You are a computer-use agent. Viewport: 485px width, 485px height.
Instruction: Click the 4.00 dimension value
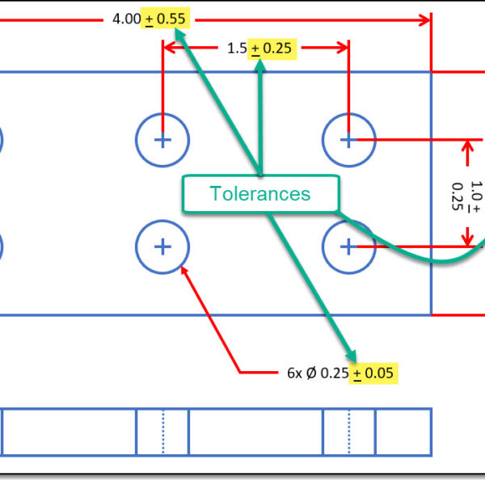(128, 19)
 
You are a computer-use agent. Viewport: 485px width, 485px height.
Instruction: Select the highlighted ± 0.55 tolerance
(166, 19)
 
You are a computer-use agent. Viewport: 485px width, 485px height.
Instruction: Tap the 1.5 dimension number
(237, 48)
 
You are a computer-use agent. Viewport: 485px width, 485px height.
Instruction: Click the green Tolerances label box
(259, 194)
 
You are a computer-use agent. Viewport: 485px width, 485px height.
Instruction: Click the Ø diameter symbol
(312, 373)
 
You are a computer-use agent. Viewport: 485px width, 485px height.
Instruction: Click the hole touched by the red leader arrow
(162, 246)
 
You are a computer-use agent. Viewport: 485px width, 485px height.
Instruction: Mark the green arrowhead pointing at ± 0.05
(352, 356)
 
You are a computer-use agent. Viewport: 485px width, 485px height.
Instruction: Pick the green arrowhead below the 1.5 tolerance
(260, 66)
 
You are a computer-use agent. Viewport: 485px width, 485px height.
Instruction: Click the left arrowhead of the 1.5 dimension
(169, 49)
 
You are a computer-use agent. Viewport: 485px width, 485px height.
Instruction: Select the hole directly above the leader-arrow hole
(162, 140)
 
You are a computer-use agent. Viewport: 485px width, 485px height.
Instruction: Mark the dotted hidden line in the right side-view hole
(349, 432)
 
